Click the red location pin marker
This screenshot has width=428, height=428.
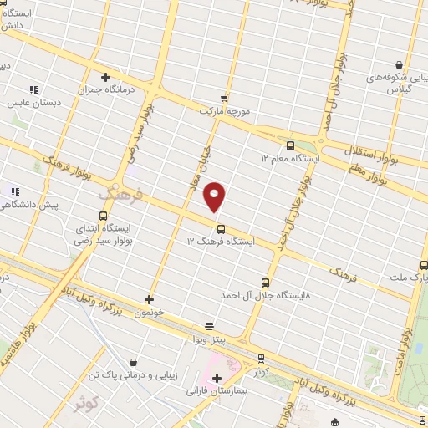coord(215,196)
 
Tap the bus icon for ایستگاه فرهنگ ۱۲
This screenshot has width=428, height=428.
coord(221,229)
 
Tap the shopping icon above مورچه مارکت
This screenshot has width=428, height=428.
coord(223,99)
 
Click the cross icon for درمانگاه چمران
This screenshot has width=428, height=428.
coord(106,78)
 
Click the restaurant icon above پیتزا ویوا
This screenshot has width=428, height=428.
coord(208,326)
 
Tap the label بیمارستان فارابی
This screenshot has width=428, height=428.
coord(217,390)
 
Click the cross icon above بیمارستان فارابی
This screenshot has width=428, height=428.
coord(217,378)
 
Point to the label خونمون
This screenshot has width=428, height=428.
coord(150,311)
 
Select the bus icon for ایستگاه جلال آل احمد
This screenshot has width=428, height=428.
coord(266,283)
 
